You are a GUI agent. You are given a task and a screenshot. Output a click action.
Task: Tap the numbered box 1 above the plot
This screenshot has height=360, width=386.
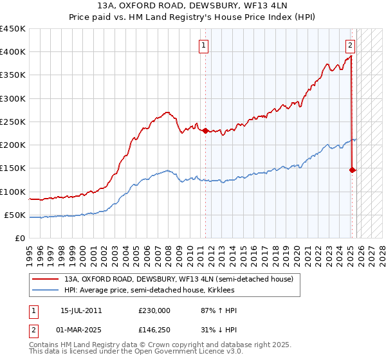tap(204, 45)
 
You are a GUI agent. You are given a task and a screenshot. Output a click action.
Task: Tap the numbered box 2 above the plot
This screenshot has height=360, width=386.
tap(350, 45)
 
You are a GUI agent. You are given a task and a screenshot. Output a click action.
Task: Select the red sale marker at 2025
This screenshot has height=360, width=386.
tap(352, 170)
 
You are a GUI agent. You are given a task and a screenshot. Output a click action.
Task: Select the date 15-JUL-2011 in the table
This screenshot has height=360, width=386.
tap(81, 310)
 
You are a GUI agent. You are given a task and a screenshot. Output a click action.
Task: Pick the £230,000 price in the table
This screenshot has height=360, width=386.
tap(154, 310)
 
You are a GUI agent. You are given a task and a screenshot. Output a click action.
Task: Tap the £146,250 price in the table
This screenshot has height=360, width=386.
tap(154, 330)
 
